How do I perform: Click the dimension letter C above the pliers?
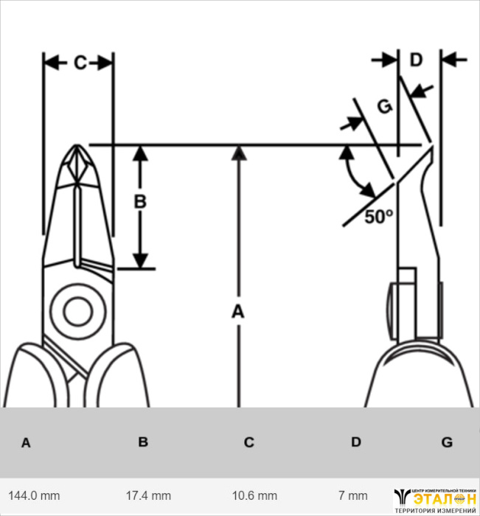tap(80, 63)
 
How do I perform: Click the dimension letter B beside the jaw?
tap(140, 201)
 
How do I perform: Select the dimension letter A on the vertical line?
tap(237, 312)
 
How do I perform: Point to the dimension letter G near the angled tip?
tap(383, 107)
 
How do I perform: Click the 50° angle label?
tap(379, 216)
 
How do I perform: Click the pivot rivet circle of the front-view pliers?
tap(77, 312)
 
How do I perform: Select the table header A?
tap(26, 443)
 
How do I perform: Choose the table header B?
tap(143, 442)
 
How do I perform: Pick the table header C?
tap(249, 442)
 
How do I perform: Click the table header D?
tap(356, 442)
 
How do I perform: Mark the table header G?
tap(447, 442)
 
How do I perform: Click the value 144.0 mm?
tap(34, 495)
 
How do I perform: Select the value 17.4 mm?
tap(149, 495)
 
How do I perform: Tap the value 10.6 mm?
tap(256, 495)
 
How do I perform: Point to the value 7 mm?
tap(353, 495)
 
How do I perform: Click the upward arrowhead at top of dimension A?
tap(237, 153)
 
